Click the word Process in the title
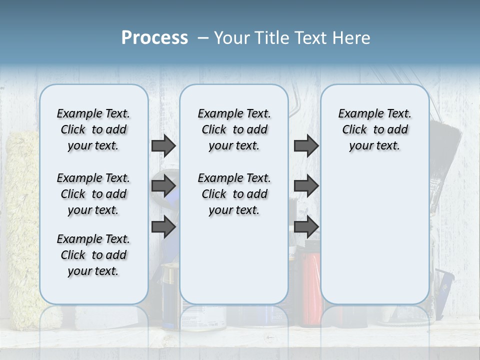tap(154, 38)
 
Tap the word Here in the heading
tap(351, 38)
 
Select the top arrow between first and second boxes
tap(163, 145)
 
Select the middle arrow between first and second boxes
tap(163, 186)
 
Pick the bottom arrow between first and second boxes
tap(163, 227)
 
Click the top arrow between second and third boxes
tap(306, 145)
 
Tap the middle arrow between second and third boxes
tap(306, 186)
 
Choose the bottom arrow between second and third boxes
tap(306, 227)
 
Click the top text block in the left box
tap(93, 129)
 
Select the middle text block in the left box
tap(93, 194)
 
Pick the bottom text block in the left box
tap(93, 255)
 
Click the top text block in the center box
tap(234, 129)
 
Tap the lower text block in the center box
tap(234, 194)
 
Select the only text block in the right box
tap(374, 129)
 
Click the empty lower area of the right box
tap(374, 235)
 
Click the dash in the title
tap(203, 38)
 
